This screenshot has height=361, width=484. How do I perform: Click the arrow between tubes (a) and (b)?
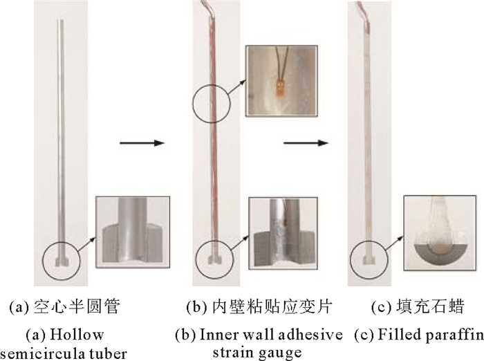click(142, 144)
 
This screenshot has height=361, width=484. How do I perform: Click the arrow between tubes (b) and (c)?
click(304, 145)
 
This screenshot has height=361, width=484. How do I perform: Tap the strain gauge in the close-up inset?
click(280, 89)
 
